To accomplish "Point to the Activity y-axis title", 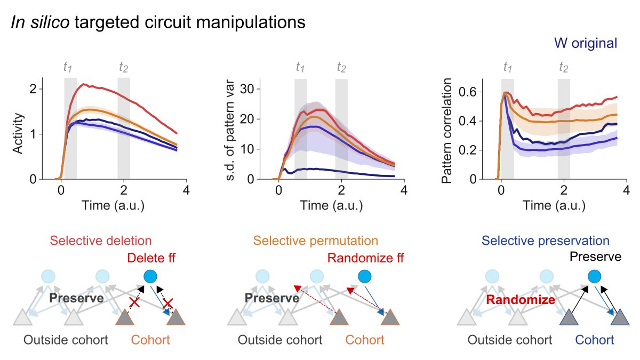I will (x=19, y=133).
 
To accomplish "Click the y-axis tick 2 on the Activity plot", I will (x=33, y=89).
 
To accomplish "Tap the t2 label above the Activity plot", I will (x=124, y=67).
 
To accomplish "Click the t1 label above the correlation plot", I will (x=508, y=67).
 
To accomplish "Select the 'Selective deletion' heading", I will (x=101, y=241).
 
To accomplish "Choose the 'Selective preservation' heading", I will (x=545, y=241).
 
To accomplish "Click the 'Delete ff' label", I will (x=151, y=259).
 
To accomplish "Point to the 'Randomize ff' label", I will (x=362, y=259).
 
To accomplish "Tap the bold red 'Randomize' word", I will (x=520, y=300).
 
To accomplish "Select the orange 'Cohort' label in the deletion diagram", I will (x=150, y=340).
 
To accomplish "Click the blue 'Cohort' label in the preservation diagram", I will (x=594, y=340).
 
